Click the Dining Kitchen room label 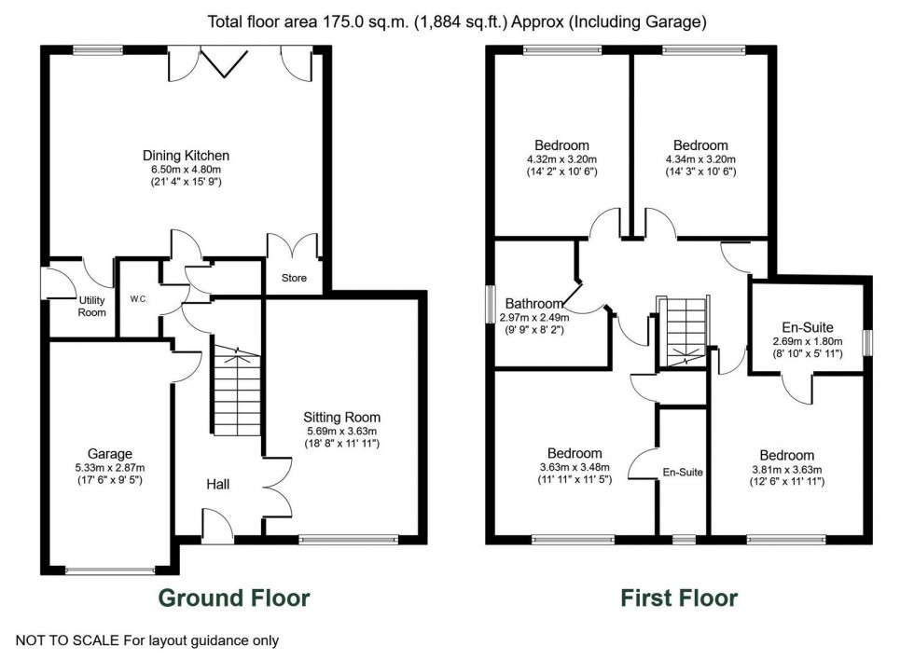click(x=186, y=156)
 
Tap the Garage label click(x=110, y=454)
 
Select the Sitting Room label click(x=341, y=417)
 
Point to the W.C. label click(x=138, y=300)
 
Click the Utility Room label click(x=91, y=306)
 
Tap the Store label click(x=294, y=278)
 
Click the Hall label click(x=219, y=484)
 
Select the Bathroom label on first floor click(x=533, y=304)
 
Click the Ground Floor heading click(x=233, y=598)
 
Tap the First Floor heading click(x=679, y=598)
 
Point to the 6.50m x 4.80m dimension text click(x=186, y=170)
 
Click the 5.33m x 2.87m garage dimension click(x=110, y=468)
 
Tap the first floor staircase click(x=684, y=332)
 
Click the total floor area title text click(x=455, y=21)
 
